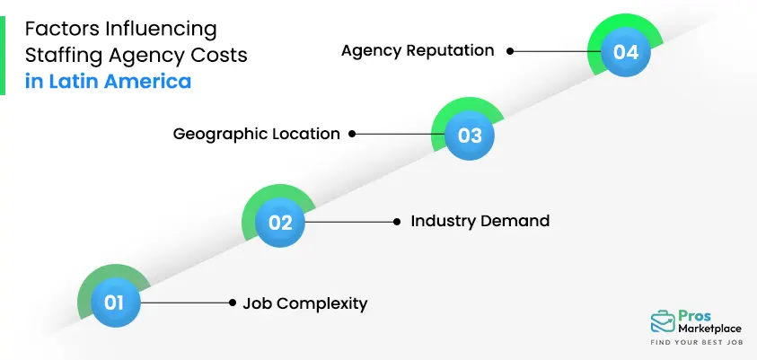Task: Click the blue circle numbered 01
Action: [x=114, y=303]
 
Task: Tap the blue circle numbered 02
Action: [x=281, y=222]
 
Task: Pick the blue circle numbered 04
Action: [x=625, y=52]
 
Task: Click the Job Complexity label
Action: [x=305, y=303]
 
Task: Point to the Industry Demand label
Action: [x=480, y=221]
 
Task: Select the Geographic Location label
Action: [x=256, y=135]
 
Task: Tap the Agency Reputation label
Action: [x=418, y=50]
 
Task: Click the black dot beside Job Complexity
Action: [x=233, y=303]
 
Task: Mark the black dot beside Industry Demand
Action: [x=397, y=221]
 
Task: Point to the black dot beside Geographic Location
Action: [x=352, y=135]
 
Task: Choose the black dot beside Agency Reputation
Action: [x=510, y=51]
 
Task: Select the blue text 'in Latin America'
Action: [x=108, y=81]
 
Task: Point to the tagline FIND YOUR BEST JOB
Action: [x=695, y=344]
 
